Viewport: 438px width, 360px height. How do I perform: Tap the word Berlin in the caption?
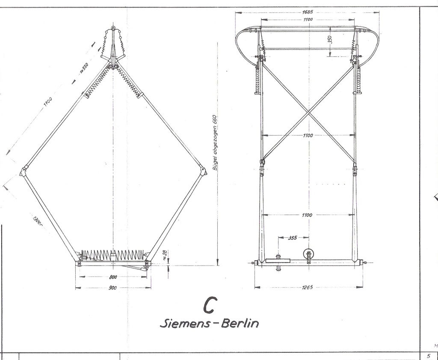(x=240, y=323)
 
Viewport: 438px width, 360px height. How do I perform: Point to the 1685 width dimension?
(x=307, y=12)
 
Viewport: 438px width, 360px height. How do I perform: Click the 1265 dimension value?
(x=307, y=287)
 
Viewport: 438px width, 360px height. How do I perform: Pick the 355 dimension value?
(x=293, y=237)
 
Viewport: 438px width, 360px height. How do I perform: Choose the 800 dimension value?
(x=112, y=277)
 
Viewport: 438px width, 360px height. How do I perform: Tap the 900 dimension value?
(x=112, y=288)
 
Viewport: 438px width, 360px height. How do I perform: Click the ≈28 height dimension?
(x=165, y=257)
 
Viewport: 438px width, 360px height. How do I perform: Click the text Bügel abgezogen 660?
(x=216, y=143)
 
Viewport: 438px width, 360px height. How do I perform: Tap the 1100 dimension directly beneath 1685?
(x=307, y=20)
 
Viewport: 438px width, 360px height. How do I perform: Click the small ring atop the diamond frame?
(x=113, y=29)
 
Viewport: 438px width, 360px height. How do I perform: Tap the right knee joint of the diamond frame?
(x=202, y=170)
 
